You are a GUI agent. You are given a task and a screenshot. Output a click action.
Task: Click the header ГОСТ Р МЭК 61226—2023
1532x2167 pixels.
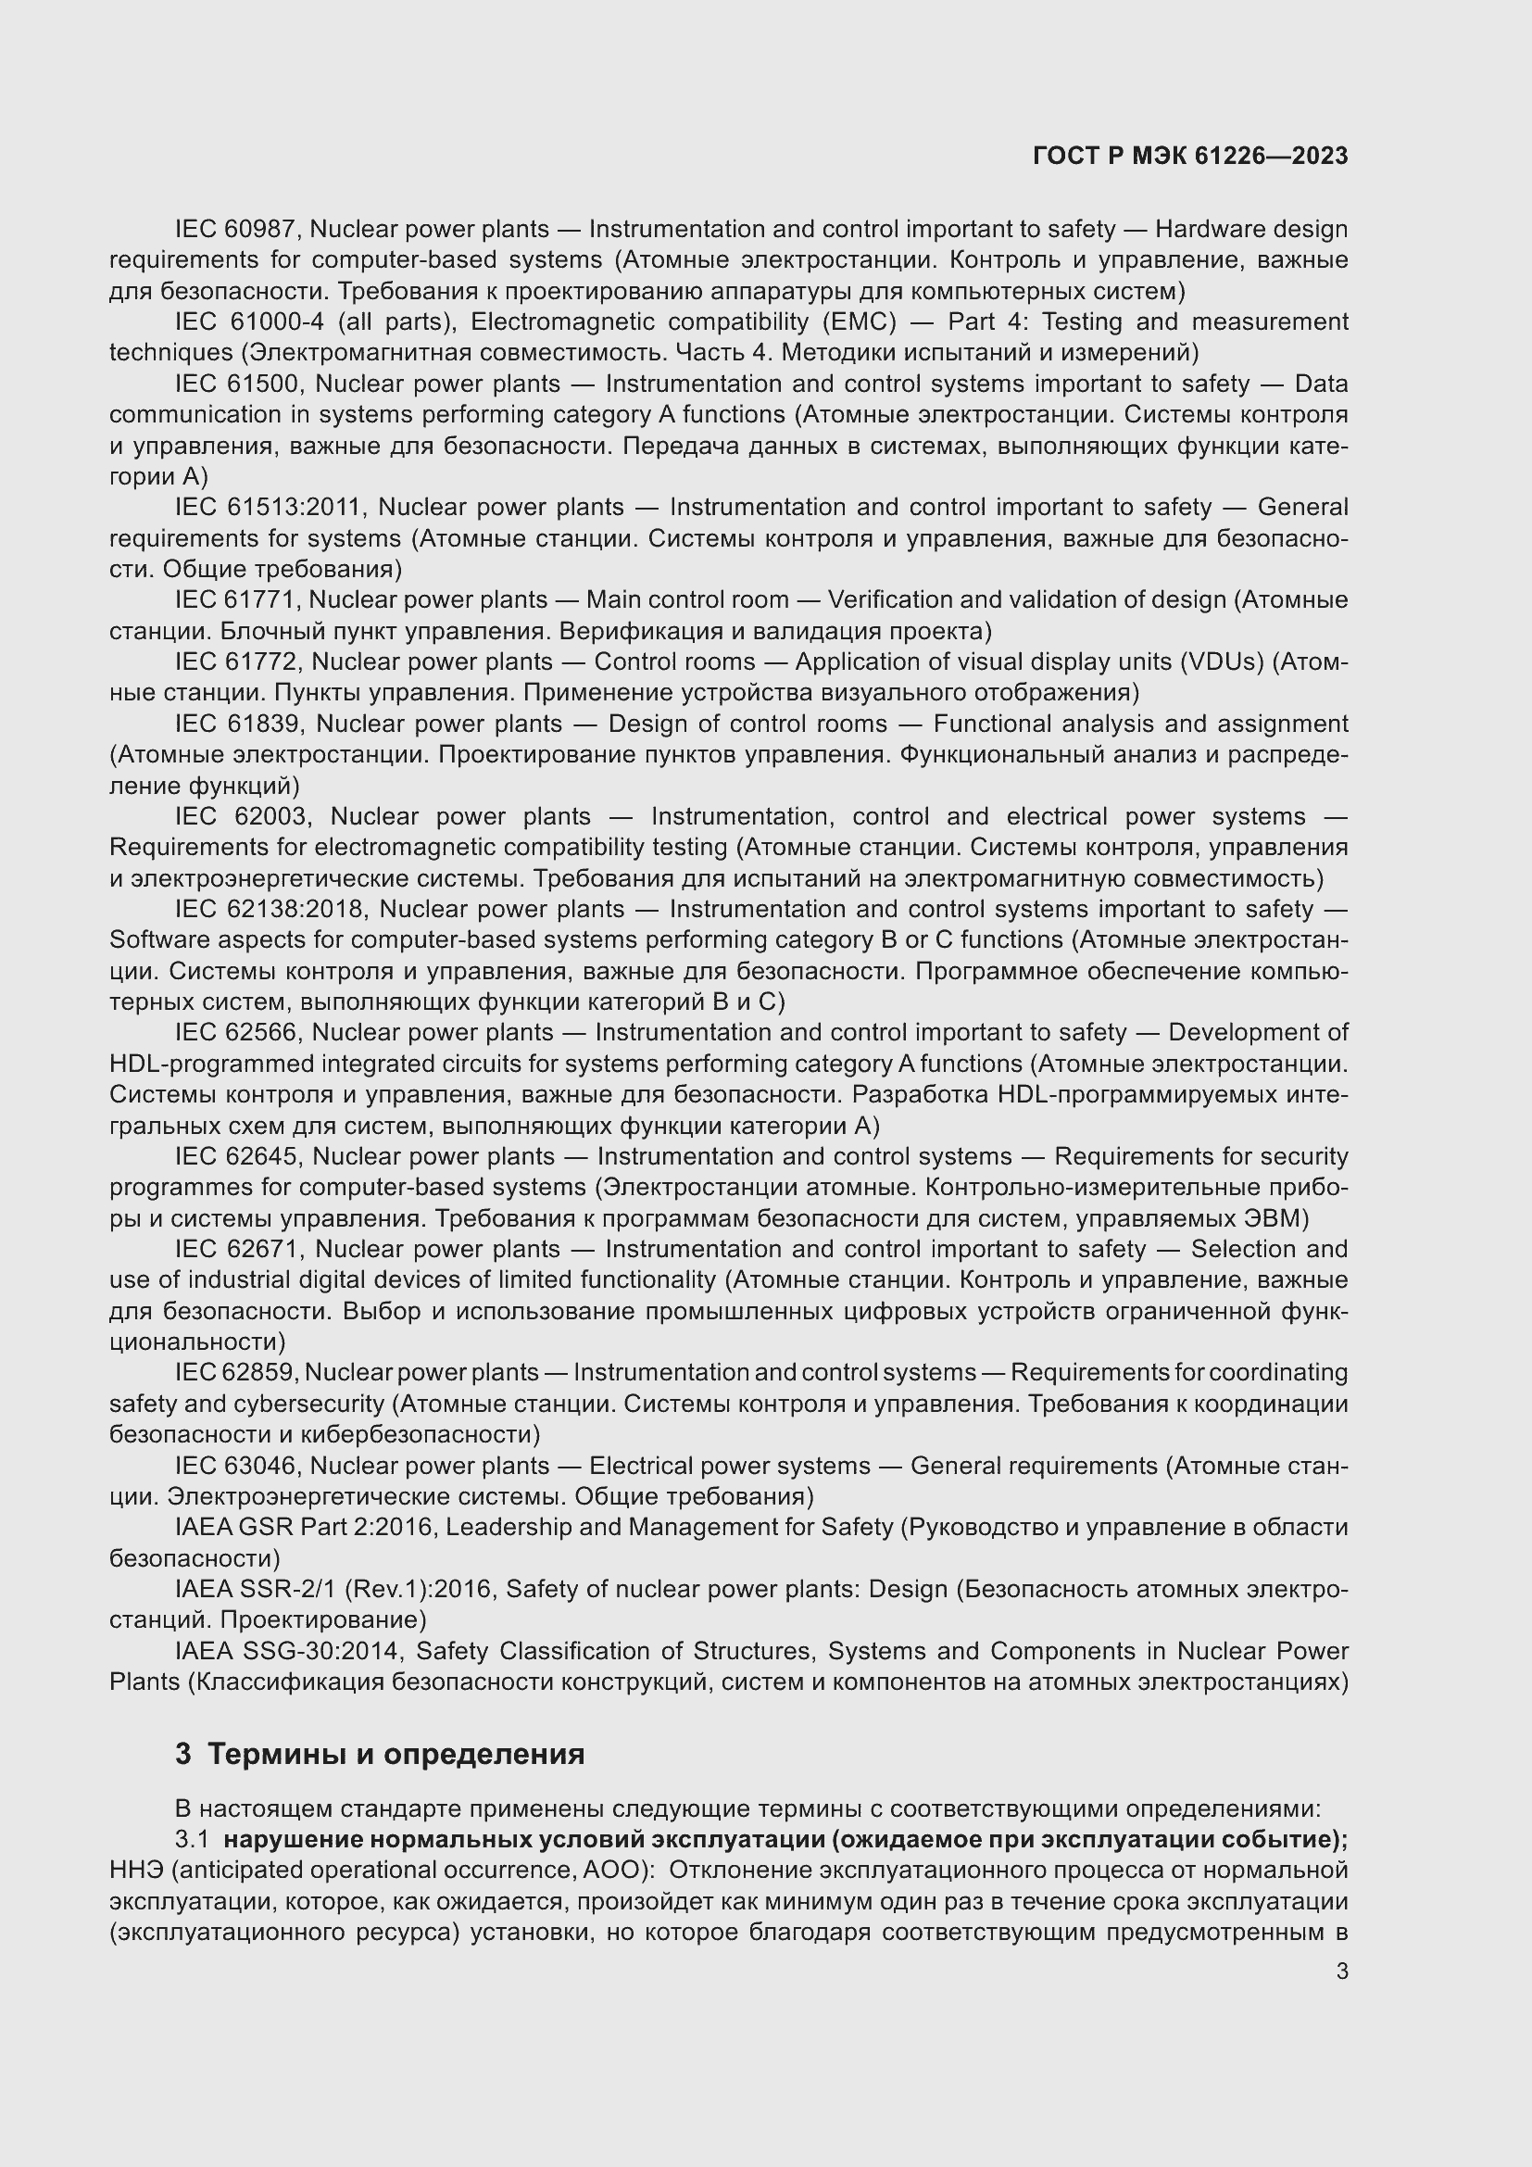pyautogui.click(x=1190, y=157)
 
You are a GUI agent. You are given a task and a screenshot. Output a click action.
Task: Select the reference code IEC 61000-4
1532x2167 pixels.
pyautogui.click(x=249, y=321)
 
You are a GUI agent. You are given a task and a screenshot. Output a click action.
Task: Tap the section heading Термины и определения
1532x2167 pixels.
pyautogui.click(x=396, y=1755)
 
